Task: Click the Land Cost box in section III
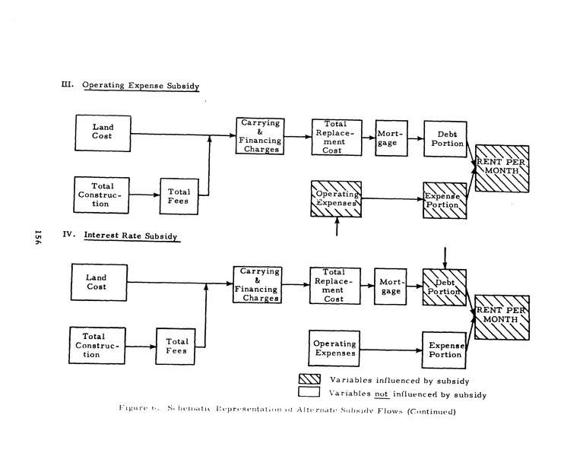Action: pos(103,132)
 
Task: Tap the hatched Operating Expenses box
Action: pos(335,198)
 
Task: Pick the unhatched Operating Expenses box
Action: pos(334,348)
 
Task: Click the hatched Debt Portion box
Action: pos(444,287)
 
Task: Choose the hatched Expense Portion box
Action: pos(444,201)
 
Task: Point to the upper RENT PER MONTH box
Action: pos(502,167)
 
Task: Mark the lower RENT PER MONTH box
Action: pos(502,317)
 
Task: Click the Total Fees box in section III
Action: pos(179,197)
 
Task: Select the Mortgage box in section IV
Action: pos(391,287)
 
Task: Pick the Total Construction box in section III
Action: pos(102,195)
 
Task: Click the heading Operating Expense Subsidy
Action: pos(141,86)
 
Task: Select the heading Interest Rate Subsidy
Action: pos(131,236)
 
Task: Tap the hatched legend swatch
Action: pos(309,379)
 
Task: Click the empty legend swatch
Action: pos(309,394)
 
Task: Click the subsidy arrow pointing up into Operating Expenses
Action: pos(336,226)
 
